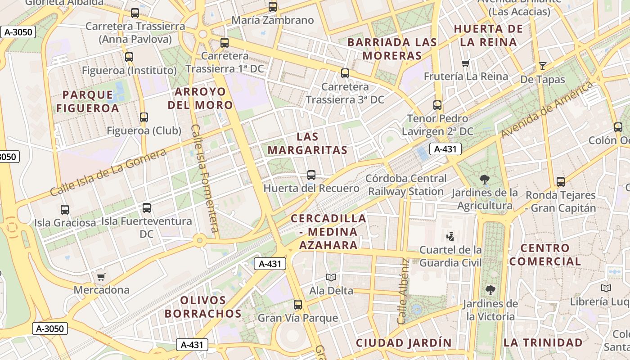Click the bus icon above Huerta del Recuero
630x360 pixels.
click(x=311, y=175)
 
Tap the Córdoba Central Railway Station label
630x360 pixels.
click(x=406, y=185)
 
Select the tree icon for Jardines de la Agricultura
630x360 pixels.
click(x=485, y=180)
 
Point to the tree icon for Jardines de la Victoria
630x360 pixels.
click(x=490, y=290)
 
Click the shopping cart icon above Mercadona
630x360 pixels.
click(x=101, y=276)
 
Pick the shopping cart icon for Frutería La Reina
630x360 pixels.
click(x=466, y=63)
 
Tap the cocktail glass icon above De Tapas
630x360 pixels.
click(x=542, y=66)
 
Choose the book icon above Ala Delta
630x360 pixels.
click(x=331, y=277)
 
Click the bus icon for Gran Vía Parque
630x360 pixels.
click(x=297, y=305)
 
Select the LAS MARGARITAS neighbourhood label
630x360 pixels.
click(x=307, y=144)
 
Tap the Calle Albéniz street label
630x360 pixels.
click(x=402, y=291)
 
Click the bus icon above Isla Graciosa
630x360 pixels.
click(x=65, y=209)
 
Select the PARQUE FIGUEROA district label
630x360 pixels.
click(x=88, y=101)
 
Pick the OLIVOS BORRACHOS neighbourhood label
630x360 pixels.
click(x=203, y=306)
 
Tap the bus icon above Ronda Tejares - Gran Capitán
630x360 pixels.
click(x=560, y=182)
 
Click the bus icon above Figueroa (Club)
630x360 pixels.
click(x=144, y=117)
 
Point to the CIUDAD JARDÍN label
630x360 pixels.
click(x=404, y=342)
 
